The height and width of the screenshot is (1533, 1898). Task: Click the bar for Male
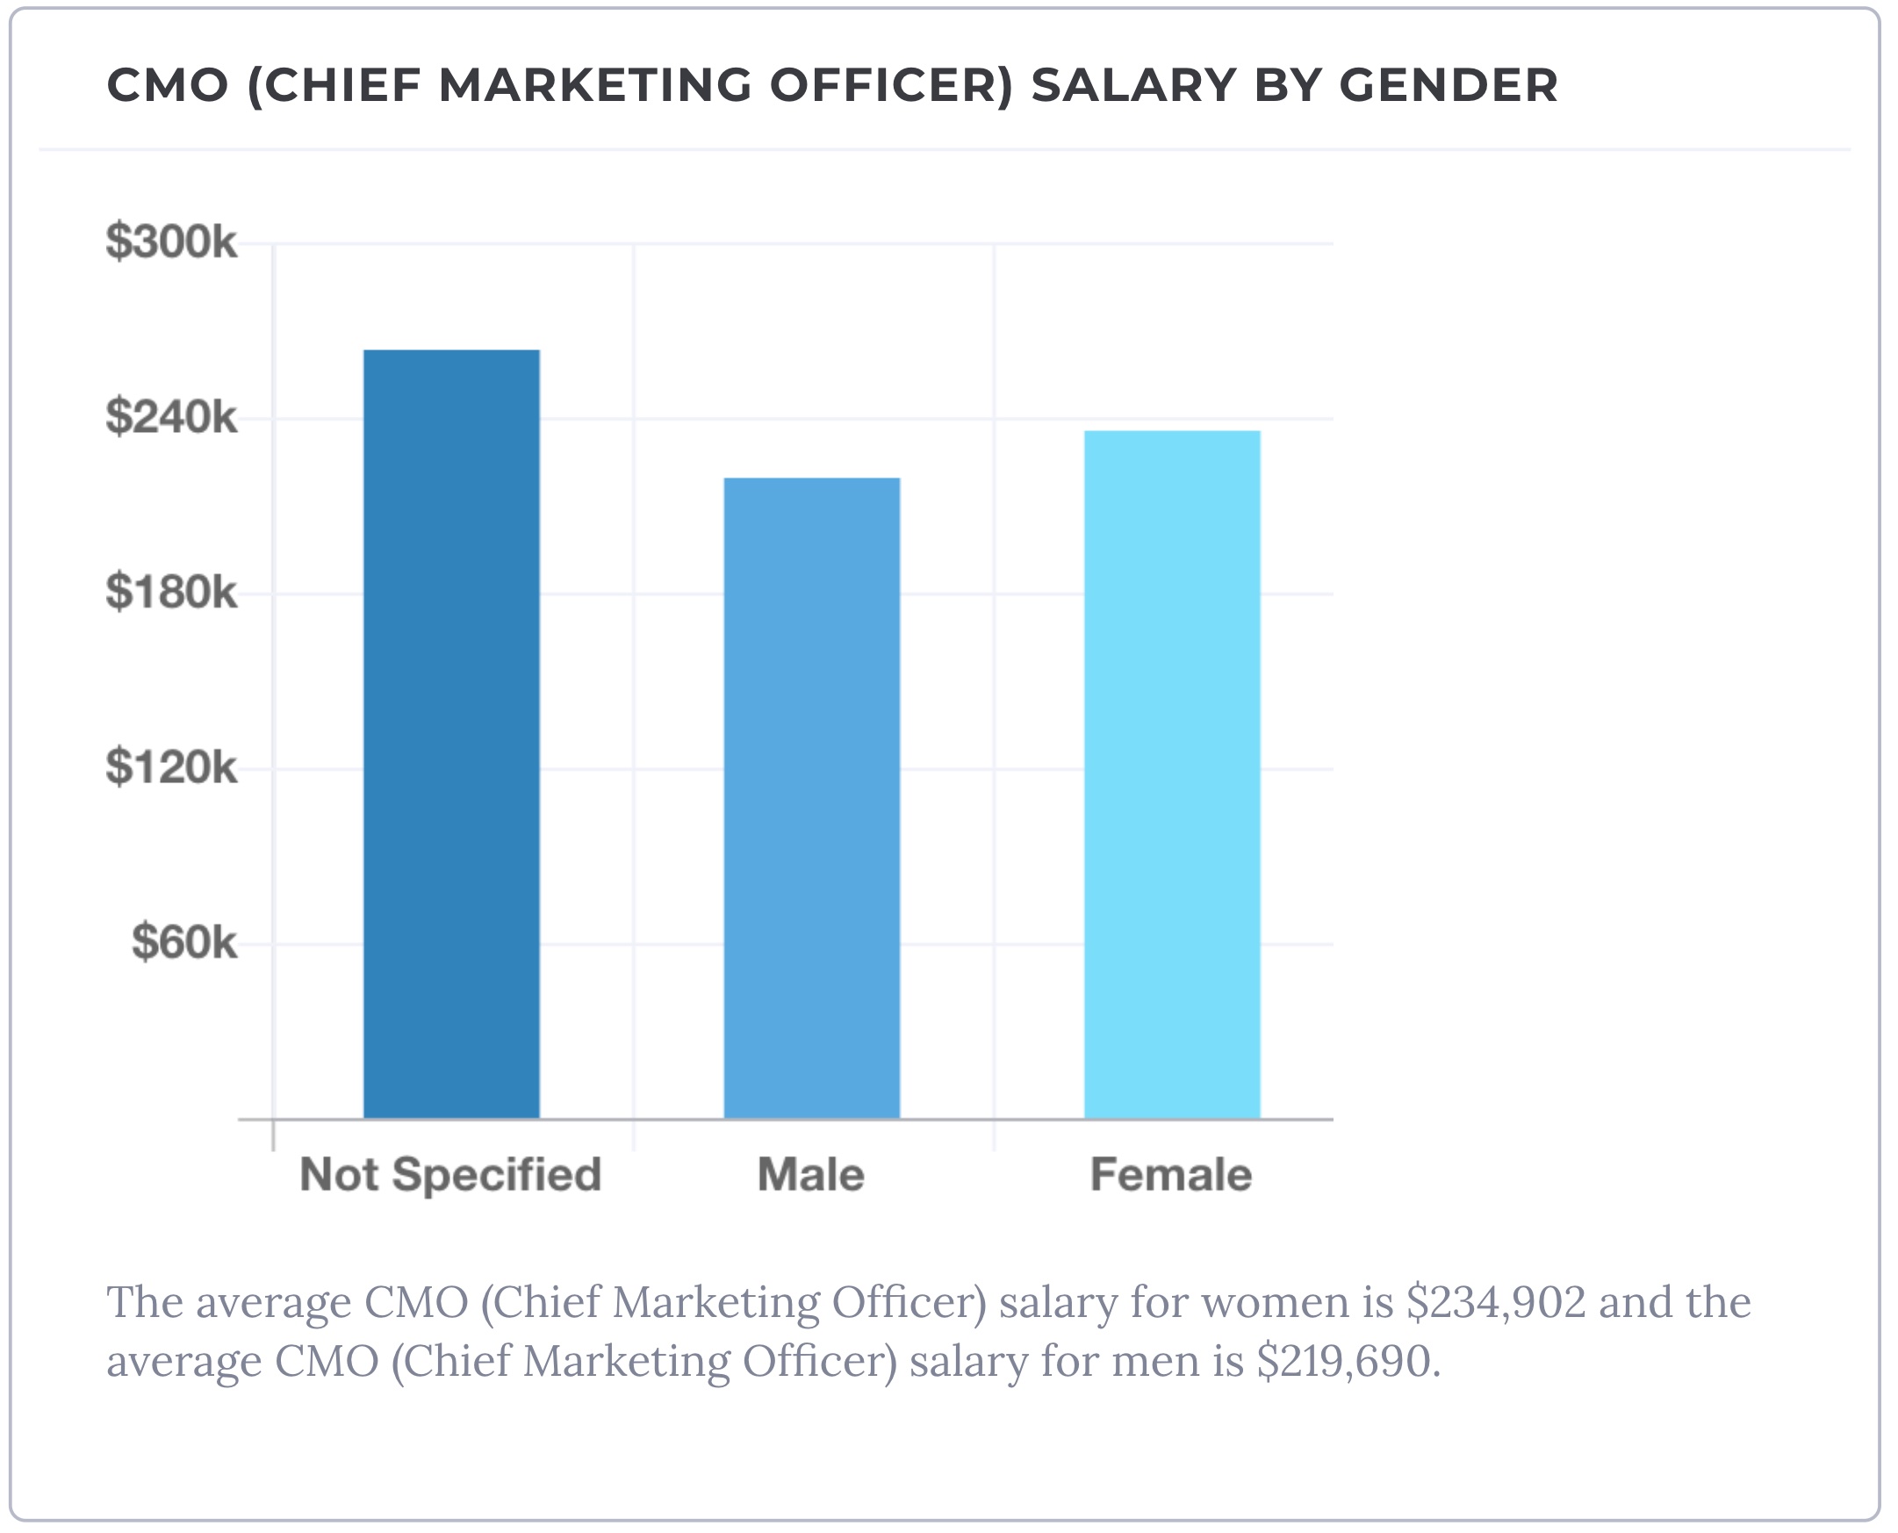click(x=811, y=798)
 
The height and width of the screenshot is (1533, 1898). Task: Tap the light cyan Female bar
click(x=1171, y=774)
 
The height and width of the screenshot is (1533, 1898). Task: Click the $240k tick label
click(x=171, y=417)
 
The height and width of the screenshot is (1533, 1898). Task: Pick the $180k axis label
click(x=171, y=592)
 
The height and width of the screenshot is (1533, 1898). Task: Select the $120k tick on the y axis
click(x=171, y=766)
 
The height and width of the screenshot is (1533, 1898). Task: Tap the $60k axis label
click(x=183, y=942)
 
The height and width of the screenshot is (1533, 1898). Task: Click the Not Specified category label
click(x=450, y=1175)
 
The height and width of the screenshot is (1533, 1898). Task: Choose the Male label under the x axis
click(x=810, y=1175)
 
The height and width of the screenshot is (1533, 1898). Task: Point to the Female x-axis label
click(x=1170, y=1175)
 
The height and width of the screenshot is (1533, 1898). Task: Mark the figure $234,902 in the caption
click(x=1496, y=1302)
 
